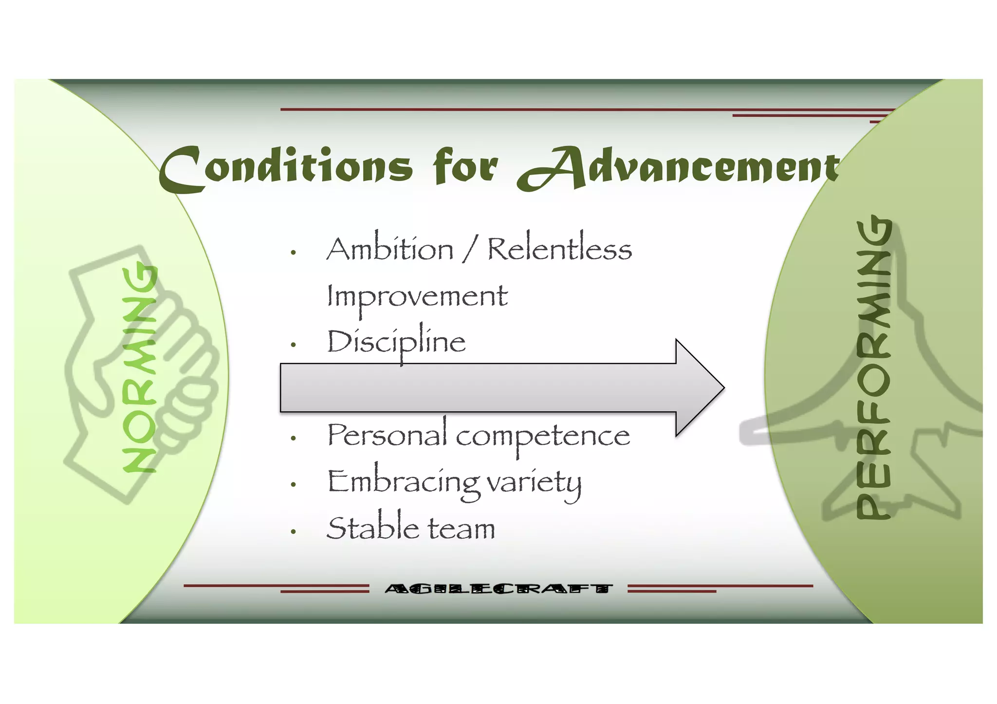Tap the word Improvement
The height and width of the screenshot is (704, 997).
pyautogui.click(x=417, y=297)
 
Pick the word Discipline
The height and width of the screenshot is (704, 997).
pyautogui.click(x=396, y=342)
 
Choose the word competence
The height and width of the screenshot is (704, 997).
pyautogui.click(x=543, y=436)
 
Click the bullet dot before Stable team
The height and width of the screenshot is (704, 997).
pyautogui.click(x=293, y=532)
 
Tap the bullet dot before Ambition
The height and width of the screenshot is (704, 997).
pyautogui.click(x=293, y=253)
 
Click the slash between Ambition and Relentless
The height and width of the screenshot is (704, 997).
pyautogui.click(x=470, y=250)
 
